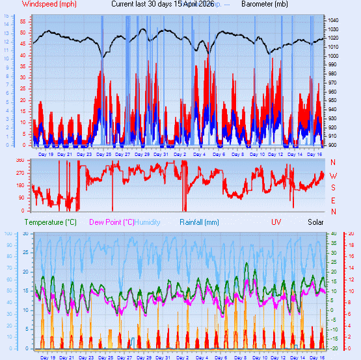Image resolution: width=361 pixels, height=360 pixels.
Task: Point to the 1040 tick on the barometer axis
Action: pos(333,21)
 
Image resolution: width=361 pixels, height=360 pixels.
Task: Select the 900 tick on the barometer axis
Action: pos(333,144)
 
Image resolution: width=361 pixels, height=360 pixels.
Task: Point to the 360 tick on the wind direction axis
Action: pos(20,160)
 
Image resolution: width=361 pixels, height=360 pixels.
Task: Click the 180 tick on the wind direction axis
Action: pos(20,186)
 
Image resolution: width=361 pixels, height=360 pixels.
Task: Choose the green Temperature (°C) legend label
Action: pos(50,222)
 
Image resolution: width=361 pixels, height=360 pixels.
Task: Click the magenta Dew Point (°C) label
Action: pos(112,222)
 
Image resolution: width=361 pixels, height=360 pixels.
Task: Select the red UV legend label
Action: pos(276,222)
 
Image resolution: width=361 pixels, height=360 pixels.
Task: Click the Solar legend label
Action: pos(315,222)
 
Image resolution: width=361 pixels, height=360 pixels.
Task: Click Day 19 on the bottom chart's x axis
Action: pos(47,357)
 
